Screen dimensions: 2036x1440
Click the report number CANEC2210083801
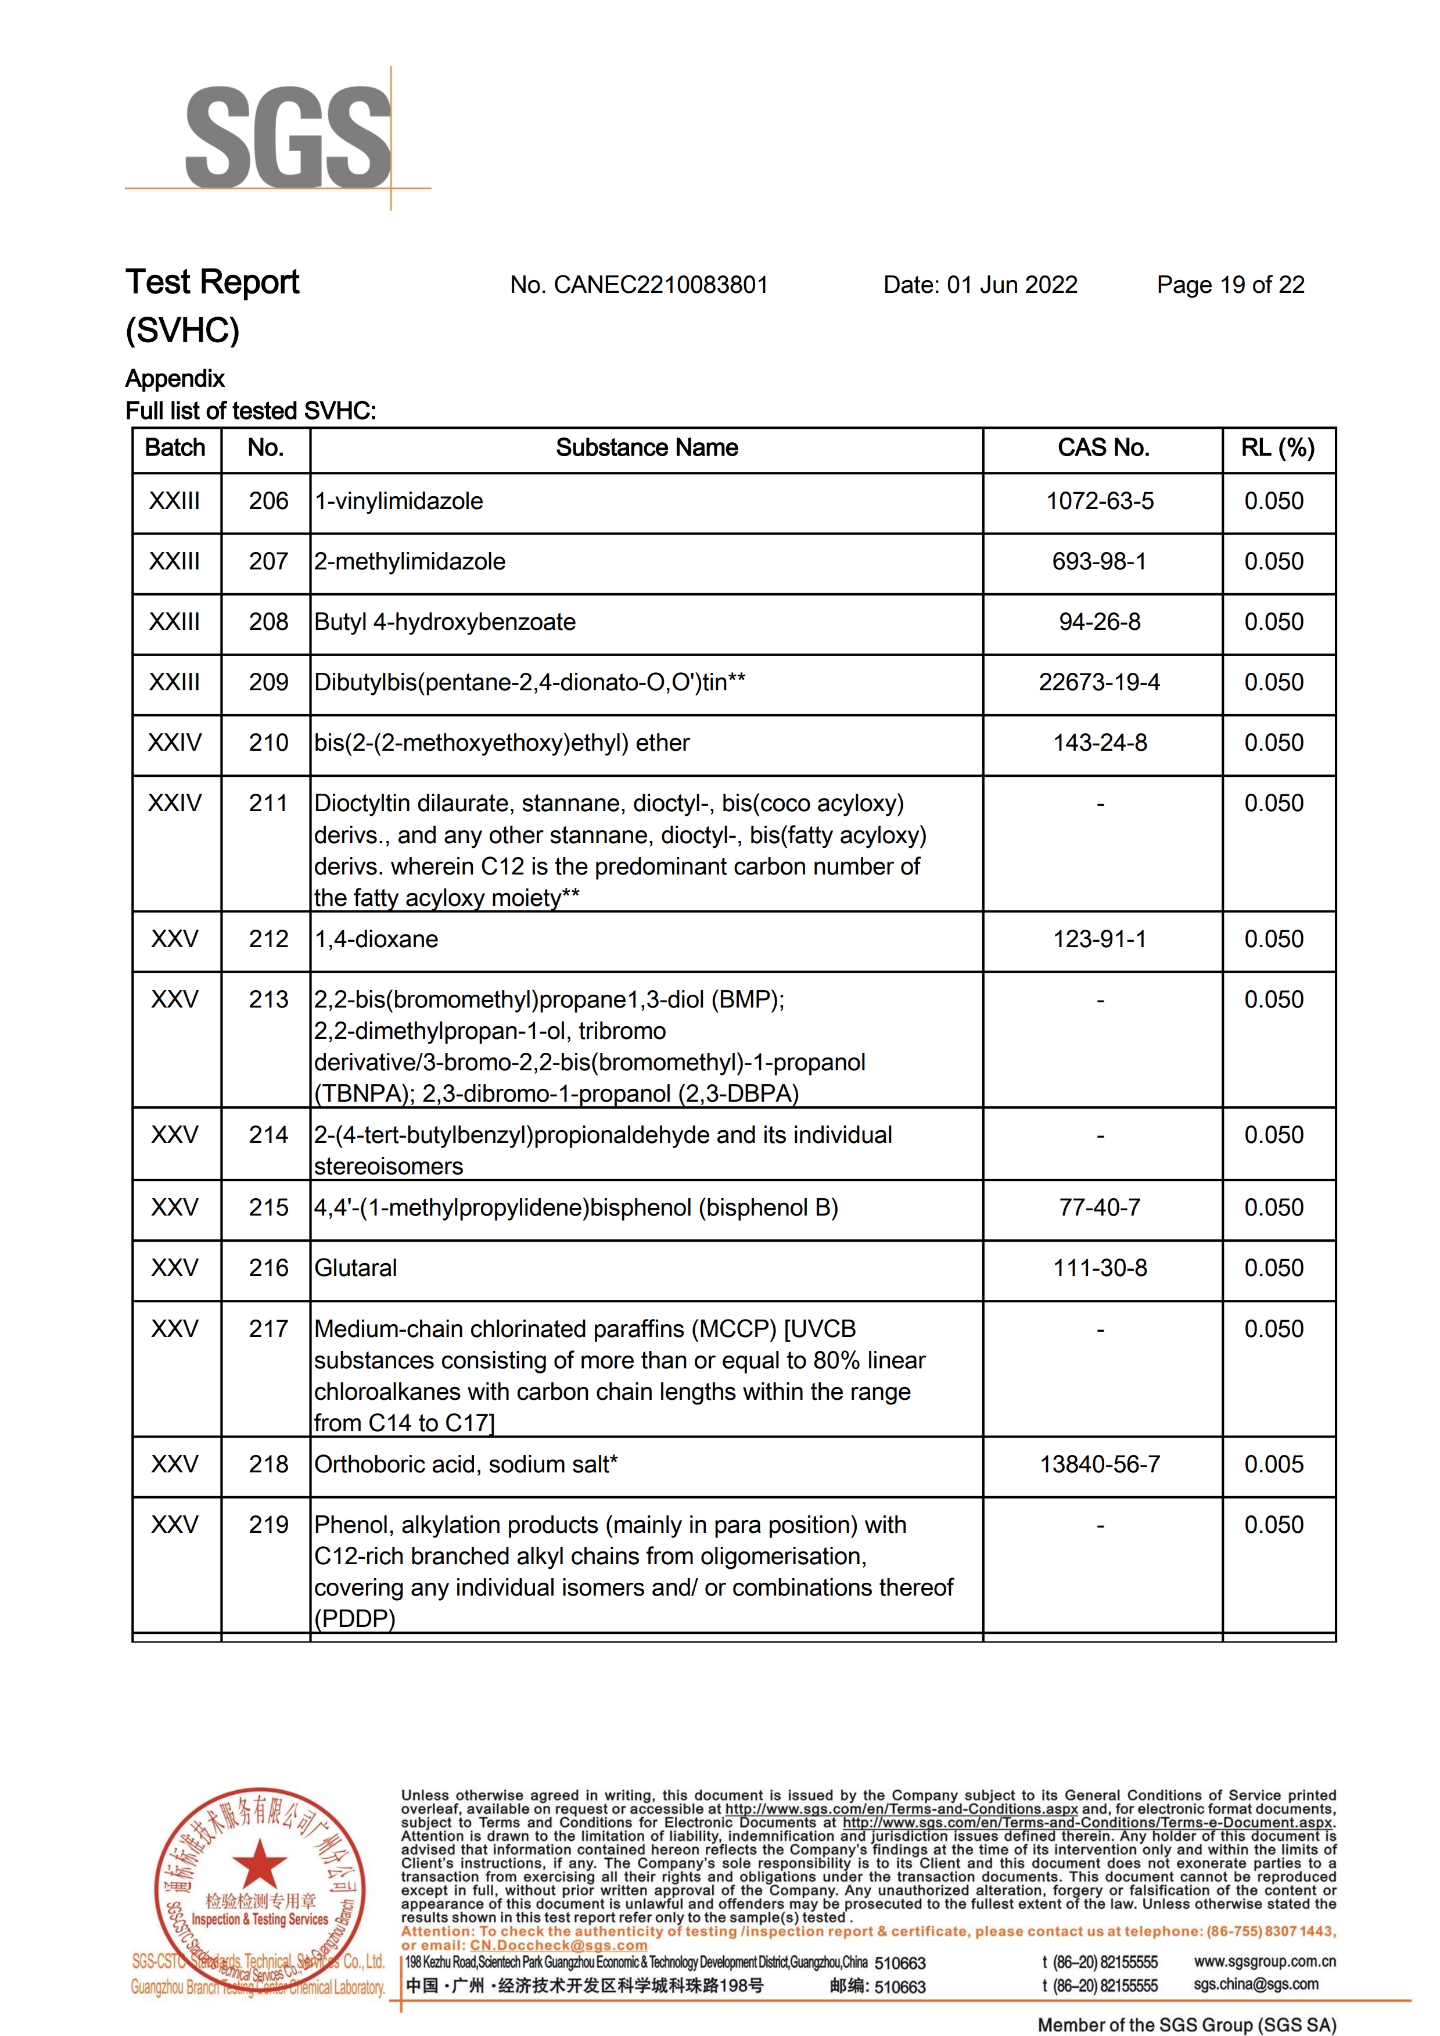coord(638,285)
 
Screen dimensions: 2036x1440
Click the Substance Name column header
coord(647,448)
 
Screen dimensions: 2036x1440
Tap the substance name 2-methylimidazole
coord(410,561)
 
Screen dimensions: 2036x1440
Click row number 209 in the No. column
coord(268,682)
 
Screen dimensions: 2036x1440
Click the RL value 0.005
coord(1273,1464)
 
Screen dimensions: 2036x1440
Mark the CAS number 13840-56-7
coord(1100,1464)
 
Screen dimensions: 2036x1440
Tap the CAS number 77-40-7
coord(1100,1208)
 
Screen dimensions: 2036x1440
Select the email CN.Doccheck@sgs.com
coord(559,1945)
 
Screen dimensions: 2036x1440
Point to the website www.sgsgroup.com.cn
coord(1265,1962)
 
